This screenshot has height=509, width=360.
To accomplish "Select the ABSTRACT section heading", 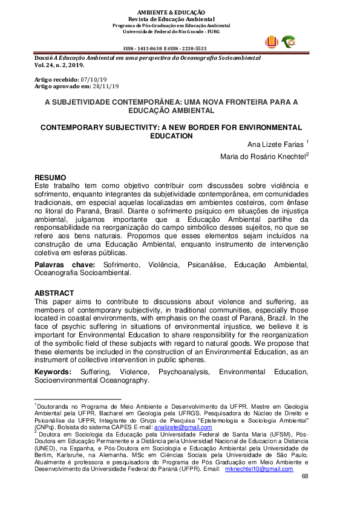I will click(x=54, y=293).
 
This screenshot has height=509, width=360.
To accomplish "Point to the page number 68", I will click(x=304, y=477).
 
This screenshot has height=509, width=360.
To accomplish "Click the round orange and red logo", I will click(x=273, y=41).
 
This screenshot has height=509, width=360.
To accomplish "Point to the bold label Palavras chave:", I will click(x=64, y=265).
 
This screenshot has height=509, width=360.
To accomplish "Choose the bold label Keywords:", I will click(x=53, y=372).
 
